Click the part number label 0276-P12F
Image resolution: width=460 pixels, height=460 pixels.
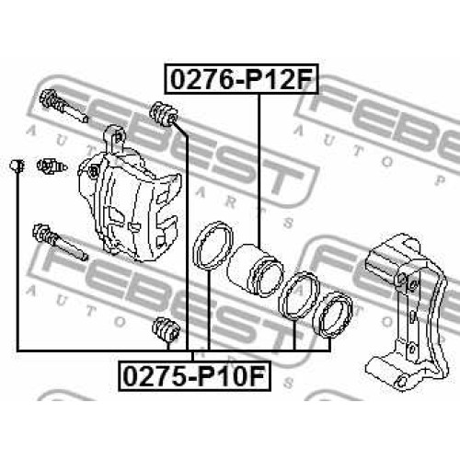tap(241, 79)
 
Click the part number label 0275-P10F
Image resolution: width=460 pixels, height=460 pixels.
tap(195, 376)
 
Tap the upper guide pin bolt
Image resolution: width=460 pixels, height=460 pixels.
tap(63, 106)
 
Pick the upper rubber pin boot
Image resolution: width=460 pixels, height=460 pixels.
tap(164, 114)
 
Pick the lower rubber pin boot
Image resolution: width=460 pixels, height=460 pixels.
tap(167, 329)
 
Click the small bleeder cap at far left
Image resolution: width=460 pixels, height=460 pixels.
tap(17, 166)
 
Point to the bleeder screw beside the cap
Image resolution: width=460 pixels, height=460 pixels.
tap(52, 166)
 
